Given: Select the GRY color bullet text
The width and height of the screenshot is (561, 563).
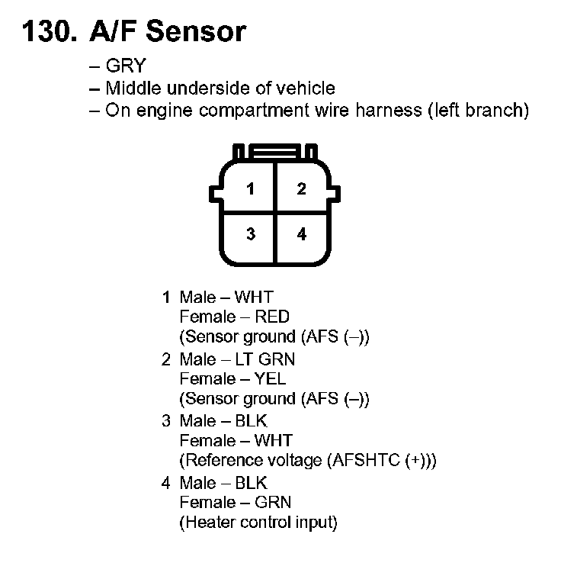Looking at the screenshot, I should pos(125,66).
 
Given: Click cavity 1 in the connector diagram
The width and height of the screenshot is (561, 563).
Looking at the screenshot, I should pos(251,189).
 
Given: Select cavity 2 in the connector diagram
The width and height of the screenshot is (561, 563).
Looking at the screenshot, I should pos(302,189).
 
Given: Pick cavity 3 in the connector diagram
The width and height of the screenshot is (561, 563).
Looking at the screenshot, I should pos(251,234).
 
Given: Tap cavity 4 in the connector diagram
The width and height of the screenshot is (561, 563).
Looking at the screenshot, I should pos(302,234).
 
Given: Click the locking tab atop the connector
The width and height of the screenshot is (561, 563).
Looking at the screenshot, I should pos(276,153).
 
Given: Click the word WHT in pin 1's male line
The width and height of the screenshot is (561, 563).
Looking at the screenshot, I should pos(254,296).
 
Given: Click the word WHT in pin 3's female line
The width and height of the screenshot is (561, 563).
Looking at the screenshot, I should pos(274,440).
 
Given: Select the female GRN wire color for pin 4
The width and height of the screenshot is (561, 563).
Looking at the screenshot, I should pos(274,503).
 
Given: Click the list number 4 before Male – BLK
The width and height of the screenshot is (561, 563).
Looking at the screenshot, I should pos(166,483).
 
